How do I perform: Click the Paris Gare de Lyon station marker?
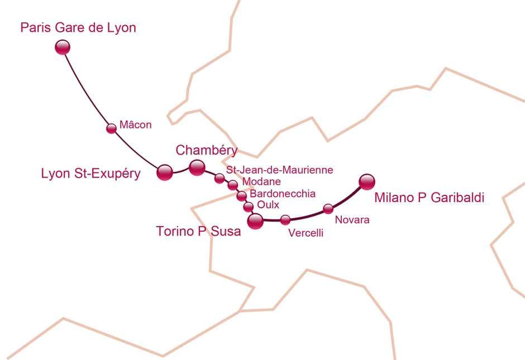point(63,47)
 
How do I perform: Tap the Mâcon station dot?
point(111,128)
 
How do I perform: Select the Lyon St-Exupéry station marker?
point(165,172)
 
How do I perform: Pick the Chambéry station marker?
point(197,167)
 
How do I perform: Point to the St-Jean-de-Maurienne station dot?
point(219,179)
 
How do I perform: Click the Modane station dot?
point(233,185)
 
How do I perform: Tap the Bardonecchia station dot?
point(241,196)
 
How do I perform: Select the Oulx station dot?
point(249,208)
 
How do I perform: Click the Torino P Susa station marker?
point(255,222)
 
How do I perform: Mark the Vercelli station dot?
point(285,220)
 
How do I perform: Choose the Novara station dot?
point(328,209)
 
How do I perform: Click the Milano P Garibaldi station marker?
point(367,181)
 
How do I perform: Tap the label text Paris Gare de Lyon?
point(78,27)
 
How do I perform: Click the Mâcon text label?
point(136,125)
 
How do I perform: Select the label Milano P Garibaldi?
point(429,198)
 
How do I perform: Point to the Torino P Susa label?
point(198,231)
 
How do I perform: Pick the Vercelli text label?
point(306,234)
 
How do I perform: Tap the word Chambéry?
point(206,150)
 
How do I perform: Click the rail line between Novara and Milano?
point(349,197)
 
